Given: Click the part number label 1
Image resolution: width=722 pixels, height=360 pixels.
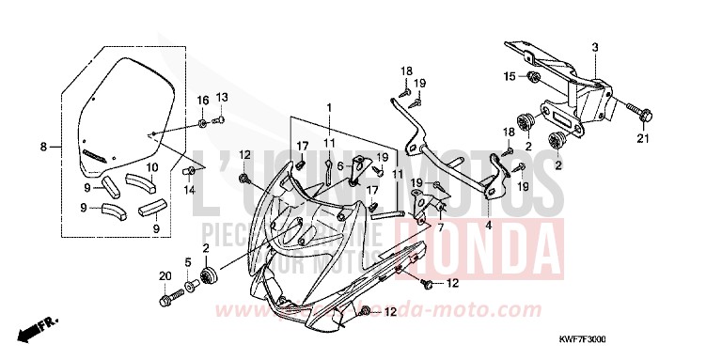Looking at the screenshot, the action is pyautogui.click(x=329, y=107).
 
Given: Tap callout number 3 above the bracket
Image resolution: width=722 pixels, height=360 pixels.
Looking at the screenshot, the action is pyautogui.click(x=594, y=47).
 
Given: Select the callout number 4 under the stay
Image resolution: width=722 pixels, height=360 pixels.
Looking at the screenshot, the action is pyautogui.click(x=489, y=226).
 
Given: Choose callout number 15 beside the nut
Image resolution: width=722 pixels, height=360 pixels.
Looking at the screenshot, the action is pyautogui.click(x=510, y=75).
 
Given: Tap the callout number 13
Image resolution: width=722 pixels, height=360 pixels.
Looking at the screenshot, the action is pyautogui.click(x=222, y=98).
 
